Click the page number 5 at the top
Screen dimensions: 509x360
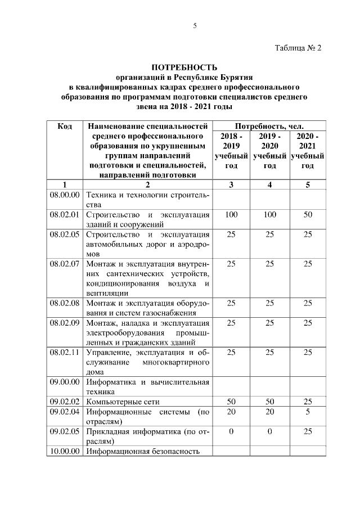tap(195, 25)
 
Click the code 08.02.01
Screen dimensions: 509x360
tap(65, 215)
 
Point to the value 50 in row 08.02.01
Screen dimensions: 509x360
tap(307, 215)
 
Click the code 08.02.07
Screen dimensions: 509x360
tap(65, 263)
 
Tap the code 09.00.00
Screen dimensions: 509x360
tap(65, 382)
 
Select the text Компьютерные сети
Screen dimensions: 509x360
tap(123, 402)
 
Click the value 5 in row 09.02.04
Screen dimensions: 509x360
tap(307, 412)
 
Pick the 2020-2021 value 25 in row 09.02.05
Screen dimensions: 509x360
tap(307, 432)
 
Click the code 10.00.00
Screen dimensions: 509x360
tap(65, 451)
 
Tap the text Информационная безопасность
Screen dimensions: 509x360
tap(143, 451)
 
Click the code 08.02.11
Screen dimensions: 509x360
tap(65, 352)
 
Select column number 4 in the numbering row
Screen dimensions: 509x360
tap(269, 184)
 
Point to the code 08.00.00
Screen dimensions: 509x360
tap(65, 195)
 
